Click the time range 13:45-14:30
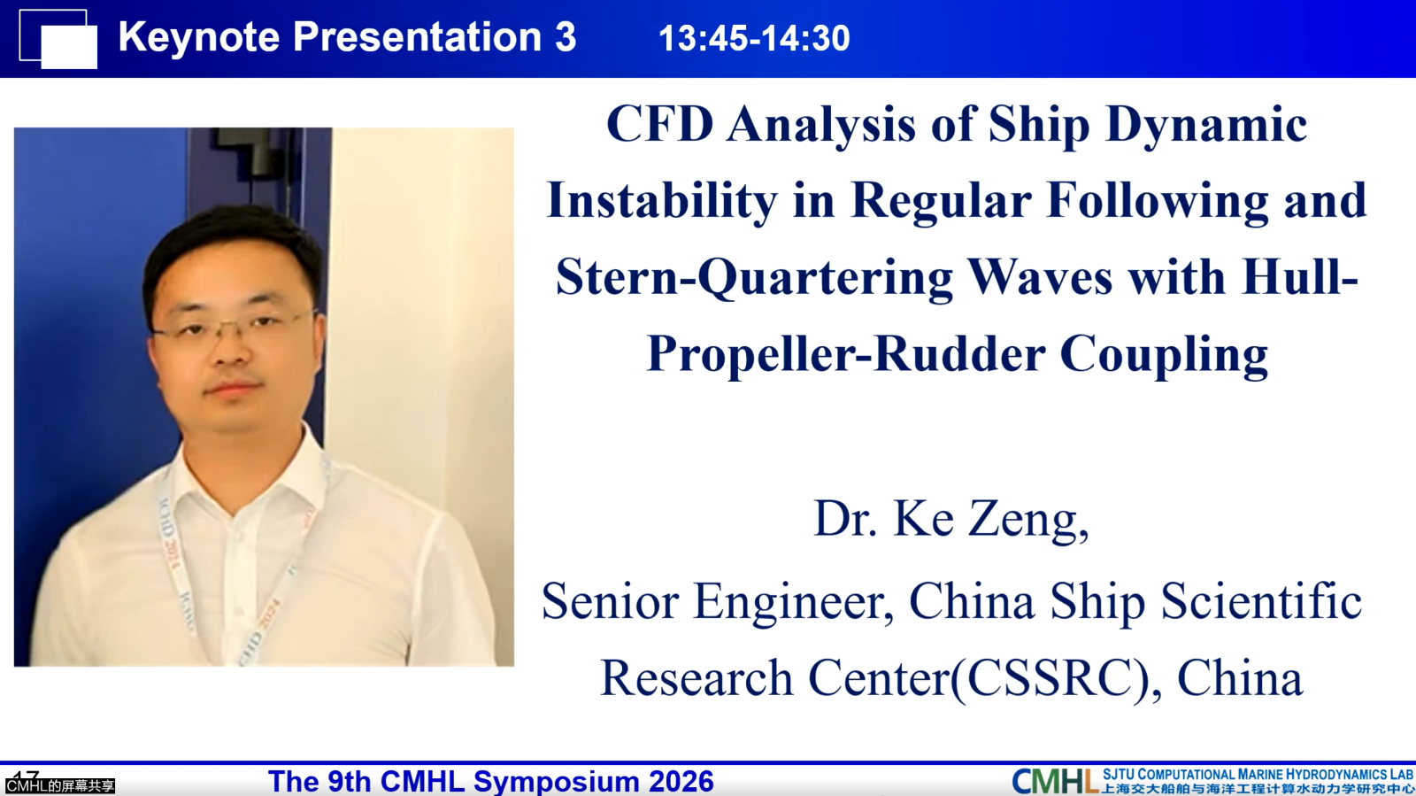(x=754, y=38)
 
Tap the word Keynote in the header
(x=199, y=37)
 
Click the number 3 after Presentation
(x=566, y=36)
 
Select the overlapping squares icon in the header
(x=58, y=39)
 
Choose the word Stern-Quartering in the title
(x=754, y=279)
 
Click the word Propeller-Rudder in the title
(x=846, y=355)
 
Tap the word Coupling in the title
(x=1164, y=355)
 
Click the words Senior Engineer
(x=718, y=601)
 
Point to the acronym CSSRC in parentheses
(x=1057, y=678)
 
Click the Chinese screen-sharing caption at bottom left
(x=60, y=786)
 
